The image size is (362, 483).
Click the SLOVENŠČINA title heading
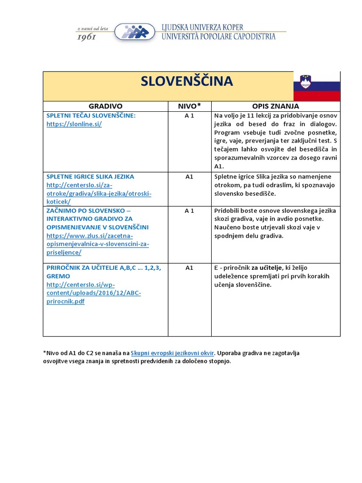coord(187,81)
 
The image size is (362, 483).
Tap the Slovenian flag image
coord(316,86)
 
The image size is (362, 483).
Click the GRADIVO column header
coord(106,106)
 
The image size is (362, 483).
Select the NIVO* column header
coord(189,106)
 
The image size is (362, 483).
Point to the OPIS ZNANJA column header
coord(276,106)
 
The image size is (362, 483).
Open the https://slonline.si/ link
coord(74,124)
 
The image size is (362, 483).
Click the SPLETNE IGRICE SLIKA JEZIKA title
coord(90,176)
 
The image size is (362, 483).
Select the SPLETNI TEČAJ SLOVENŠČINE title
coord(91,116)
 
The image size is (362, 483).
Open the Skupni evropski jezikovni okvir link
coord(172,353)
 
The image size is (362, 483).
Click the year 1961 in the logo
coord(87,36)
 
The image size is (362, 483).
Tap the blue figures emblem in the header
coord(135,32)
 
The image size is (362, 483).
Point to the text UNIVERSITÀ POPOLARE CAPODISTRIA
coord(218,37)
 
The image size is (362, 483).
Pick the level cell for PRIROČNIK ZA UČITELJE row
coord(189,268)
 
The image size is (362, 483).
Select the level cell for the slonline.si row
coord(189,116)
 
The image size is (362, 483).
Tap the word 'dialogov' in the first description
coord(321,124)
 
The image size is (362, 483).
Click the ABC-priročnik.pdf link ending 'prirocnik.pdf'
coord(66,302)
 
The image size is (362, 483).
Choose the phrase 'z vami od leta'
coord(92,28)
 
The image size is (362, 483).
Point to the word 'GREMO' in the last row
coord(58,276)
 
